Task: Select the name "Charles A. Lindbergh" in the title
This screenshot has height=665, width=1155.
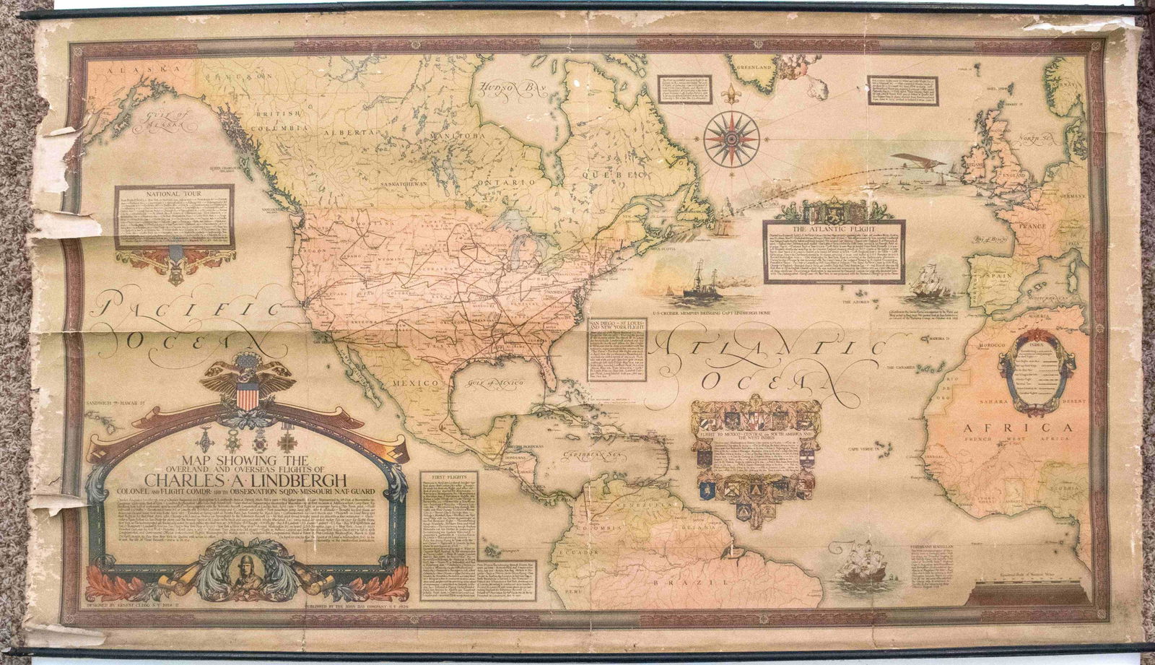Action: (x=246, y=479)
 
